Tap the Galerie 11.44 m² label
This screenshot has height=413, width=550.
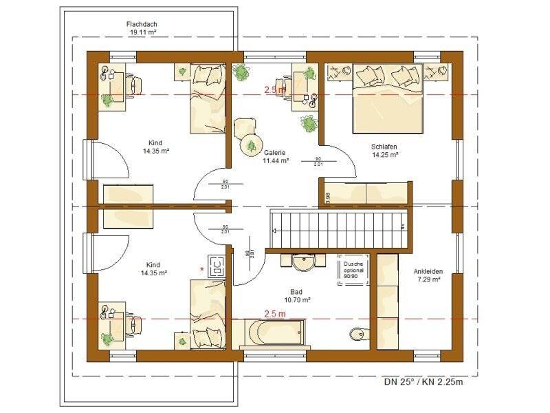275,156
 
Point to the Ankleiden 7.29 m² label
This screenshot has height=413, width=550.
428,275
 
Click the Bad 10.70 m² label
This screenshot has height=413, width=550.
297,296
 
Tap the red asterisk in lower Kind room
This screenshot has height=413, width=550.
202,269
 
